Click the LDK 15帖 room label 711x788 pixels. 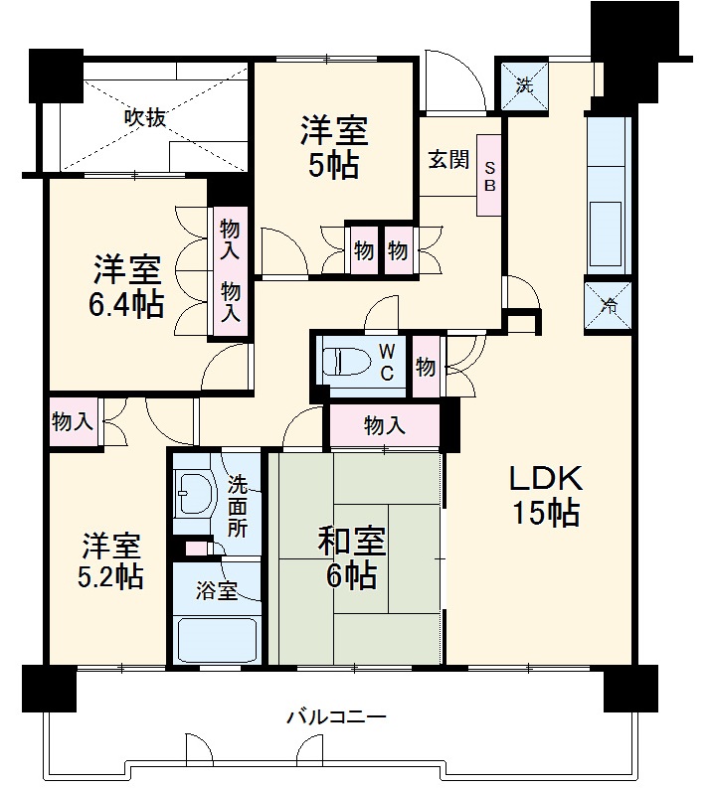tap(545, 496)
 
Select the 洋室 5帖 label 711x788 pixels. tap(334, 147)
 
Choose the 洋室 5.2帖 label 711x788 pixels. tap(111, 560)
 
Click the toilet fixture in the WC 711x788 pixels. tap(343, 362)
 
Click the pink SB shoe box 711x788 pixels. tap(489, 177)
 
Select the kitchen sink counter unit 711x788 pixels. tap(607, 194)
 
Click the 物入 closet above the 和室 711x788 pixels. tap(384, 426)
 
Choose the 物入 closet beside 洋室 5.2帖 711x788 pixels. tap(72, 421)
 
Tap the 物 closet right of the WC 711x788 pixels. tap(426, 367)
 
